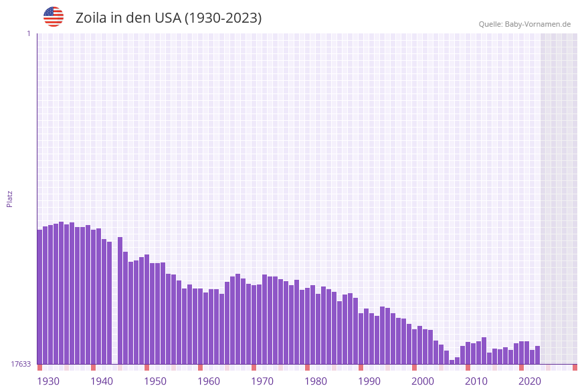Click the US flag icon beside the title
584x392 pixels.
[x=54, y=17]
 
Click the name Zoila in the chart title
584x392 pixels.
[x=91, y=18]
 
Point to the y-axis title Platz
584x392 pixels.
[x=10, y=198]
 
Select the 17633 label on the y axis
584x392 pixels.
[x=21, y=364]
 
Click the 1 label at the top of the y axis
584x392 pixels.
[x=28, y=33]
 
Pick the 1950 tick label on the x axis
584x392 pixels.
[x=155, y=381]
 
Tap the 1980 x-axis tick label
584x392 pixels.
[x=316, y=381]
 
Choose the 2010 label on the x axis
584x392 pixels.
[x=476, y=381]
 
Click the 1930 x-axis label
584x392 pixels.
[x=48, y=381]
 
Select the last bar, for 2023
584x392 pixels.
[x=538, y=355]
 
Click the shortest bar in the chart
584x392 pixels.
[x=452, y=362]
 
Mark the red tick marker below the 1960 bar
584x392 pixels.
[x=201, y=367]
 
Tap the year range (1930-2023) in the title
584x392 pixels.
[x=223, y=18]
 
